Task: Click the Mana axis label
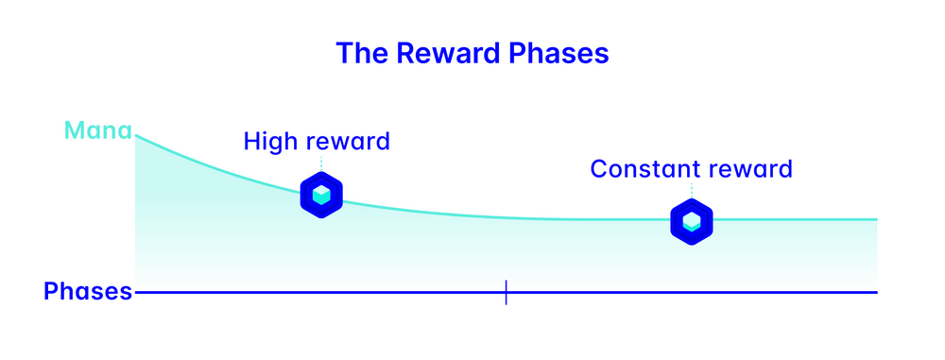click(97, 130)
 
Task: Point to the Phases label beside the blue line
click(88, 292)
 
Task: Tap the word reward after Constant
click(753, 170)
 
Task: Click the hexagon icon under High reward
click(321, 195)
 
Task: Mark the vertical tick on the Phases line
click(506, 292)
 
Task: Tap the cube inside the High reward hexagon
click(321, 195)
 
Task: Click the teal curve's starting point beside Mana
click(137, 136)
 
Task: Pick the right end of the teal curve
click(876, 219)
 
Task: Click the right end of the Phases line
click(876, 292)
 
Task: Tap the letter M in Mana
click(74, 130)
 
